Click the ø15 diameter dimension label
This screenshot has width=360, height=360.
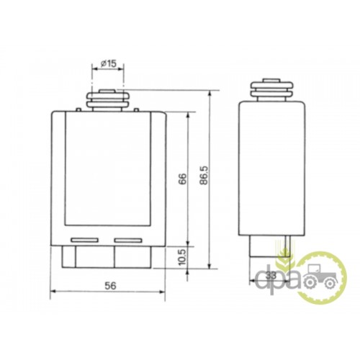click(x=108, y=63)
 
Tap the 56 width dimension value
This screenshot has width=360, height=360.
click(x=110, y=286)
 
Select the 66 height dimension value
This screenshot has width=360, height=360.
click(x=182, y=179)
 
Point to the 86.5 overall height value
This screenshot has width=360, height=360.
click(x=204, y=175)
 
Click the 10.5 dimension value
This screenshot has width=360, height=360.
click(x=182, y=257)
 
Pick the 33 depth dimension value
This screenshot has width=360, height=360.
click(x=271, y=276)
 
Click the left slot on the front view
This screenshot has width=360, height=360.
click(x=85, y=240)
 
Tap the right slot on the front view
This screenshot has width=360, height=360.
click(x=128, y=240)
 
